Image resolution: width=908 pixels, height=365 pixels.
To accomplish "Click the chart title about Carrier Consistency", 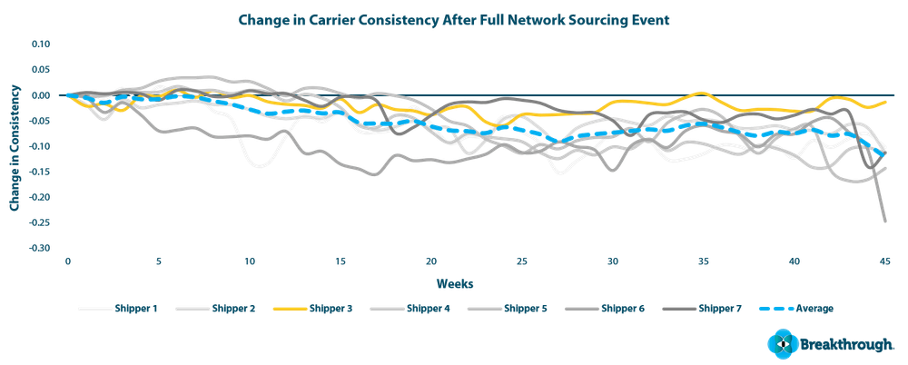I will [x=454, y=19].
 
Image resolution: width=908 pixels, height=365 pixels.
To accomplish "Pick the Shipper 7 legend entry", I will [x=721, y=309].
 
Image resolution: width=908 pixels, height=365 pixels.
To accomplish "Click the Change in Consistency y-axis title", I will [x=15, y=145].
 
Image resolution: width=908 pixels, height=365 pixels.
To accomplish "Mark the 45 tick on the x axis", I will [x=884, y=261].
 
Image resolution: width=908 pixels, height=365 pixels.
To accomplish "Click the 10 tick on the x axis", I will [x=249, y=261].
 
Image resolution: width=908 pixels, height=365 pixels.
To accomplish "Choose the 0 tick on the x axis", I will [x=67, y=261].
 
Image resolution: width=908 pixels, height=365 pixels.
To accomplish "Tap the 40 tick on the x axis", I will [x=794, y=261].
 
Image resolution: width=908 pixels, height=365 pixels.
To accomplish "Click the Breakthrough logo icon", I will [x=779, y=344].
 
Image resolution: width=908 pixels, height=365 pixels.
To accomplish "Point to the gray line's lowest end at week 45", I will [x=884, y=222].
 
